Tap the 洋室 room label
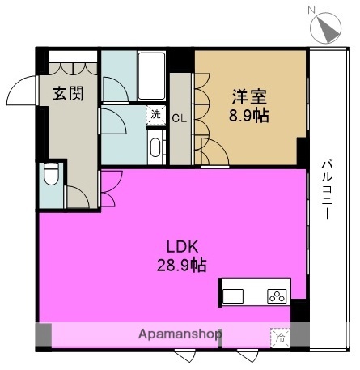[x=250, y=97]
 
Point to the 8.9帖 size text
[x=249, y=116]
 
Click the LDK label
[x=183, y=246]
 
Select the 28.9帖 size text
[x=182, y=265]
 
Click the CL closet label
[x=180, y=118]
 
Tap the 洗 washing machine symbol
[x=155, y=115]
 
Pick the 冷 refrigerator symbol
[x=281, y=338]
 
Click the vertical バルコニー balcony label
[x=327, y=189]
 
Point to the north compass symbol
[x=326, y=28]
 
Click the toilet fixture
[x=51, y=174]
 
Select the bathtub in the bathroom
[x=151, y=76]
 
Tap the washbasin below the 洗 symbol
[x=155, y=147]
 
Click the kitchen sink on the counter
[x=233, y=296]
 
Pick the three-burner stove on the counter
[x=277, y=296]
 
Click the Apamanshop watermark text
[x=180, y=334]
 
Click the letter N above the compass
[x=311, y=11]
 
